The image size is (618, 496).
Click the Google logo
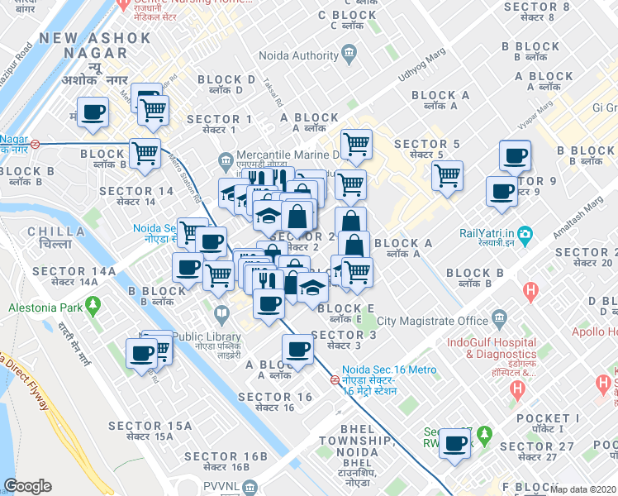(28, 486)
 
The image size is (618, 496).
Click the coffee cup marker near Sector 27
(454, 443)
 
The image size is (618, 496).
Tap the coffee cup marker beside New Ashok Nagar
(93, 111)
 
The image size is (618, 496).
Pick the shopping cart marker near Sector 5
(447, 174)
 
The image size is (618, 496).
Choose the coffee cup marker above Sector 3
(297, 349)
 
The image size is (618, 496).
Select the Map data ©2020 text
(583, 489)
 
